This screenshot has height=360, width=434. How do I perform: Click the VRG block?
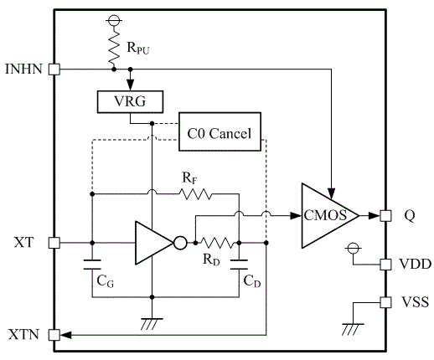tap(130, 102)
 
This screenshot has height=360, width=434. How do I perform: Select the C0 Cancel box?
tap(220, 131)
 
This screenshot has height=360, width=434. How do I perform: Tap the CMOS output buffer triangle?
tap(329, 215)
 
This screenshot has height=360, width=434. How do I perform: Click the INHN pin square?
tap(54, 69)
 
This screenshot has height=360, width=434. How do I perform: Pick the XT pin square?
tap(54, 243)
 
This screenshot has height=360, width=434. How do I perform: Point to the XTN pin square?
tap(54, 335)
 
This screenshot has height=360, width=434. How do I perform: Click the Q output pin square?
tap(385, 216)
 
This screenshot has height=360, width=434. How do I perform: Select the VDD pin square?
tap(385, 265)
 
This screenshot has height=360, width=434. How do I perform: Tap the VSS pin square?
tap(385, 302)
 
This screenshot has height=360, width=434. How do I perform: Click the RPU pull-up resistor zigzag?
tap(114, 47)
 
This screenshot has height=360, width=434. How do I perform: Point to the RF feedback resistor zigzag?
tap(195, 194)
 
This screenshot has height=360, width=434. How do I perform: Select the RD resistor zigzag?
tap(217, 243)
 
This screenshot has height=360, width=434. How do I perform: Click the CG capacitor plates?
tap(92, 265)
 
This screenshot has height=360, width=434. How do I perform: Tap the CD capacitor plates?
tap(239, 265)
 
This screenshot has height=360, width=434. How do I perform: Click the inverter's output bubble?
tap(180, 243)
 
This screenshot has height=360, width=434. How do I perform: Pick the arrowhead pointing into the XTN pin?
tap(65, 335)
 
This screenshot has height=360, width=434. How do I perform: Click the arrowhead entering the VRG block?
tap(130, 85)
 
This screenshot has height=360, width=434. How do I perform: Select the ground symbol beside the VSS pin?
tap(353, 329)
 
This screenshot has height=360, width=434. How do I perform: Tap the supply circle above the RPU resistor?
tap(114, 20)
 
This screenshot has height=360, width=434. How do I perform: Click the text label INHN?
tap(23, 69)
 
